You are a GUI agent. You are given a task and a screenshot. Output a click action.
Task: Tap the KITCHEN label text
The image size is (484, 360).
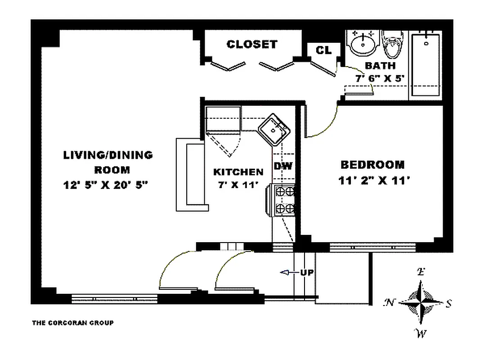point(238,171)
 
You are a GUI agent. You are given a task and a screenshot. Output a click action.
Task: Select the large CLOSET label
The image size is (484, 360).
point(252,44)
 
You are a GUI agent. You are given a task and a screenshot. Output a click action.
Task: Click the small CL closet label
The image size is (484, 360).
point(323,50)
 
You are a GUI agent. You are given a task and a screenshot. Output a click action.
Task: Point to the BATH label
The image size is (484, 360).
point(374,66)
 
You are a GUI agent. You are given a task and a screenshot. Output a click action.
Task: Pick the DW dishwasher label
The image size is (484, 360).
point(283,166)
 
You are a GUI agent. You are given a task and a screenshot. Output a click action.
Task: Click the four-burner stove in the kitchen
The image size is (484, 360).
point(284,200)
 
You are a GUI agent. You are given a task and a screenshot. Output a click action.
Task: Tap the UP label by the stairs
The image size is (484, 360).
point(307,273)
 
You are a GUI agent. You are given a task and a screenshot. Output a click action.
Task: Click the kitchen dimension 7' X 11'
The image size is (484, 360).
point(238,184)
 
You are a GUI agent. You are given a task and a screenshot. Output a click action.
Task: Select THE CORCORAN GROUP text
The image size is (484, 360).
point(72,323)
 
